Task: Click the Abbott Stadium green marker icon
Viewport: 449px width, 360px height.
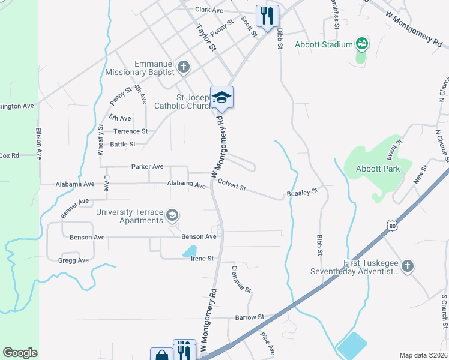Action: pos(361,43)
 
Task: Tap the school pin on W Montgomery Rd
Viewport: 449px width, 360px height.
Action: pos(221,97)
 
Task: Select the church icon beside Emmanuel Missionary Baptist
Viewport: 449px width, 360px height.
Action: pos(184,67)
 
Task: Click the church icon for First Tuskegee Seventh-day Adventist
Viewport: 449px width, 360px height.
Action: pos(408,265)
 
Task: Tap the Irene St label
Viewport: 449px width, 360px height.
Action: pos(202,258)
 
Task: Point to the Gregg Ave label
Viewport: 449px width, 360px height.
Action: pos(74,260)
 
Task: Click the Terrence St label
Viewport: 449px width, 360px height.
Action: pos(131,131)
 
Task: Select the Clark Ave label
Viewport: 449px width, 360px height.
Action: pos(209,10)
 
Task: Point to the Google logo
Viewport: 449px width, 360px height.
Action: pos(20,353)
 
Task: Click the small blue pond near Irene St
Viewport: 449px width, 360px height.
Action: pos(189,250)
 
